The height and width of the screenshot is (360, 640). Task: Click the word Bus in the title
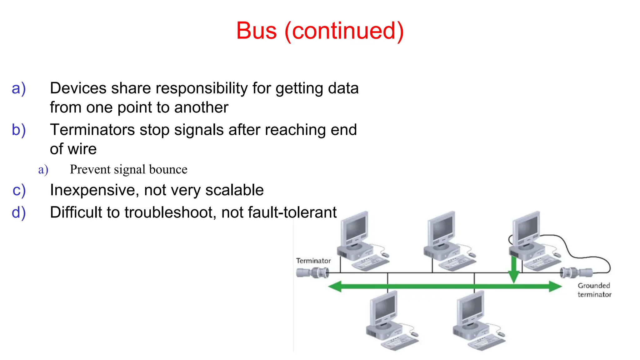256,31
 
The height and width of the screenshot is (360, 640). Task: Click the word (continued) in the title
344,31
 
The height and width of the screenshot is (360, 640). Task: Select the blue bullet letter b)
18,130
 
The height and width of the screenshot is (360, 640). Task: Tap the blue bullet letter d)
18,212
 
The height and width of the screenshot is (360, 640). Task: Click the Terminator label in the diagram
313,261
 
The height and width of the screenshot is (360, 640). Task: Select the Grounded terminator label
594,290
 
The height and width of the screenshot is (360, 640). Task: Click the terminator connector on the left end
312,273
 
